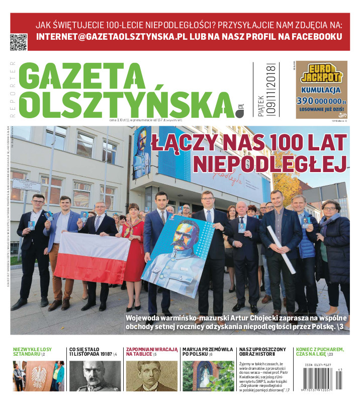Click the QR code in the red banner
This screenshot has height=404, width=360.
pos(19,42)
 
